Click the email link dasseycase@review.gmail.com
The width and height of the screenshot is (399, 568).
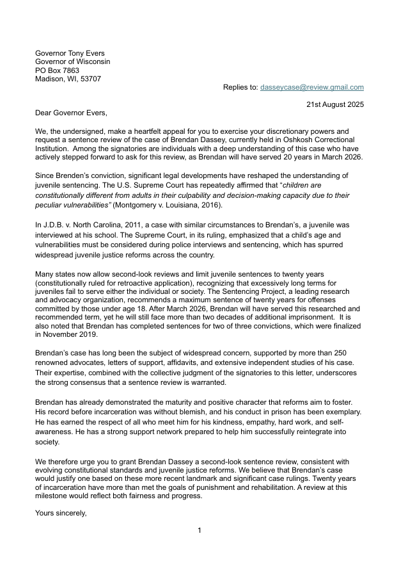(311, 87)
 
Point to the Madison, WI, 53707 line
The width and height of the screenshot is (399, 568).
(68, 79)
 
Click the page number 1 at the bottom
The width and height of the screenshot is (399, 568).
(199, 530)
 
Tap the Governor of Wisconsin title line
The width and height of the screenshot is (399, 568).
(72, 61)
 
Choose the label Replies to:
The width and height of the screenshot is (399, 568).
(240, 87)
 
